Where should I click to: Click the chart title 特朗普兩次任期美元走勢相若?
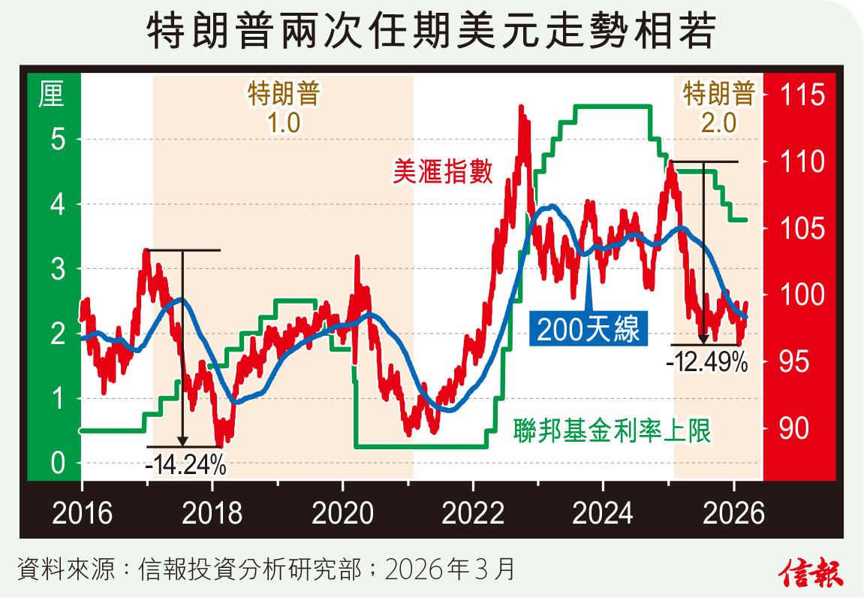(432, 32)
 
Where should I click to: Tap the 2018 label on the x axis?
(213, 515)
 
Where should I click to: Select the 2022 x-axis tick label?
(474, 515)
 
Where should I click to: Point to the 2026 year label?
(733, 515)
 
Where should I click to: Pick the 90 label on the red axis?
(796, 429)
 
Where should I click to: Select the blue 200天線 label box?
(589, 330)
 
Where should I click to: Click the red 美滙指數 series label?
(443, 172)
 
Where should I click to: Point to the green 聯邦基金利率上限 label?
(612, 430)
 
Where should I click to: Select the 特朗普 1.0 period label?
(284, 107)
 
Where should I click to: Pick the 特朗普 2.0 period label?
(718, 107)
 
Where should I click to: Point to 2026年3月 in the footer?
(450, 569)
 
